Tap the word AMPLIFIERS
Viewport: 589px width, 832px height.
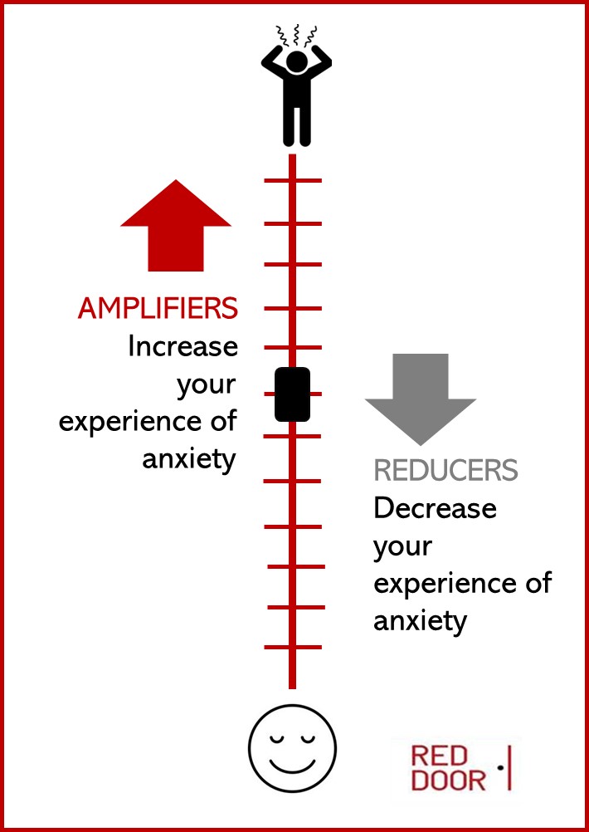pos(158,309)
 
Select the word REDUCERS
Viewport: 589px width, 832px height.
pos(445,471)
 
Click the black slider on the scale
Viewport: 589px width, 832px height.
pos(292,394)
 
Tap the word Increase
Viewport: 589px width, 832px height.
pos(183,346)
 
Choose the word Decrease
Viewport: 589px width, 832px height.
pos(435,507)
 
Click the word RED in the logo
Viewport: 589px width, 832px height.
pos(441,756)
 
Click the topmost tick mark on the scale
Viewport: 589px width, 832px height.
pos(292,180)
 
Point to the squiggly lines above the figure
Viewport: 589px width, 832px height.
pos(296,35)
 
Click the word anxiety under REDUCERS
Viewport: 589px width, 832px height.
pos(420,620)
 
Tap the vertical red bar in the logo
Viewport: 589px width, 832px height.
pos(507,768)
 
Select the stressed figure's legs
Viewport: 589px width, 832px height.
pos(296,125)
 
